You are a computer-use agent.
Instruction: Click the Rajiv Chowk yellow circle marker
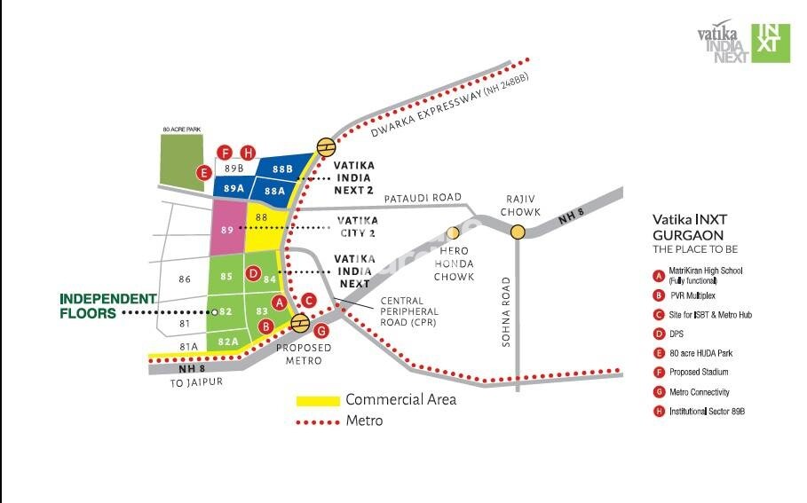[518, 232]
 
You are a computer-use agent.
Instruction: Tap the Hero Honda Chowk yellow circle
[453, 232]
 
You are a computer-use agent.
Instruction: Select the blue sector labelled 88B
[282, 169]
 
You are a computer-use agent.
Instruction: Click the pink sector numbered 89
[227, 229]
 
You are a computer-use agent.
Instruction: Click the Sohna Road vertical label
[506, 311]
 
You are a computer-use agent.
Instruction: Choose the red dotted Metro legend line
[317, 421]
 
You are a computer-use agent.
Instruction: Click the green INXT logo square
[771, 43]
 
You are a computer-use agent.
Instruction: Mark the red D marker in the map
[253, 273]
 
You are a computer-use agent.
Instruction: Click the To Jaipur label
[197, 381]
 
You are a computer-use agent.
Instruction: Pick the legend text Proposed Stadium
[700, 373]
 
